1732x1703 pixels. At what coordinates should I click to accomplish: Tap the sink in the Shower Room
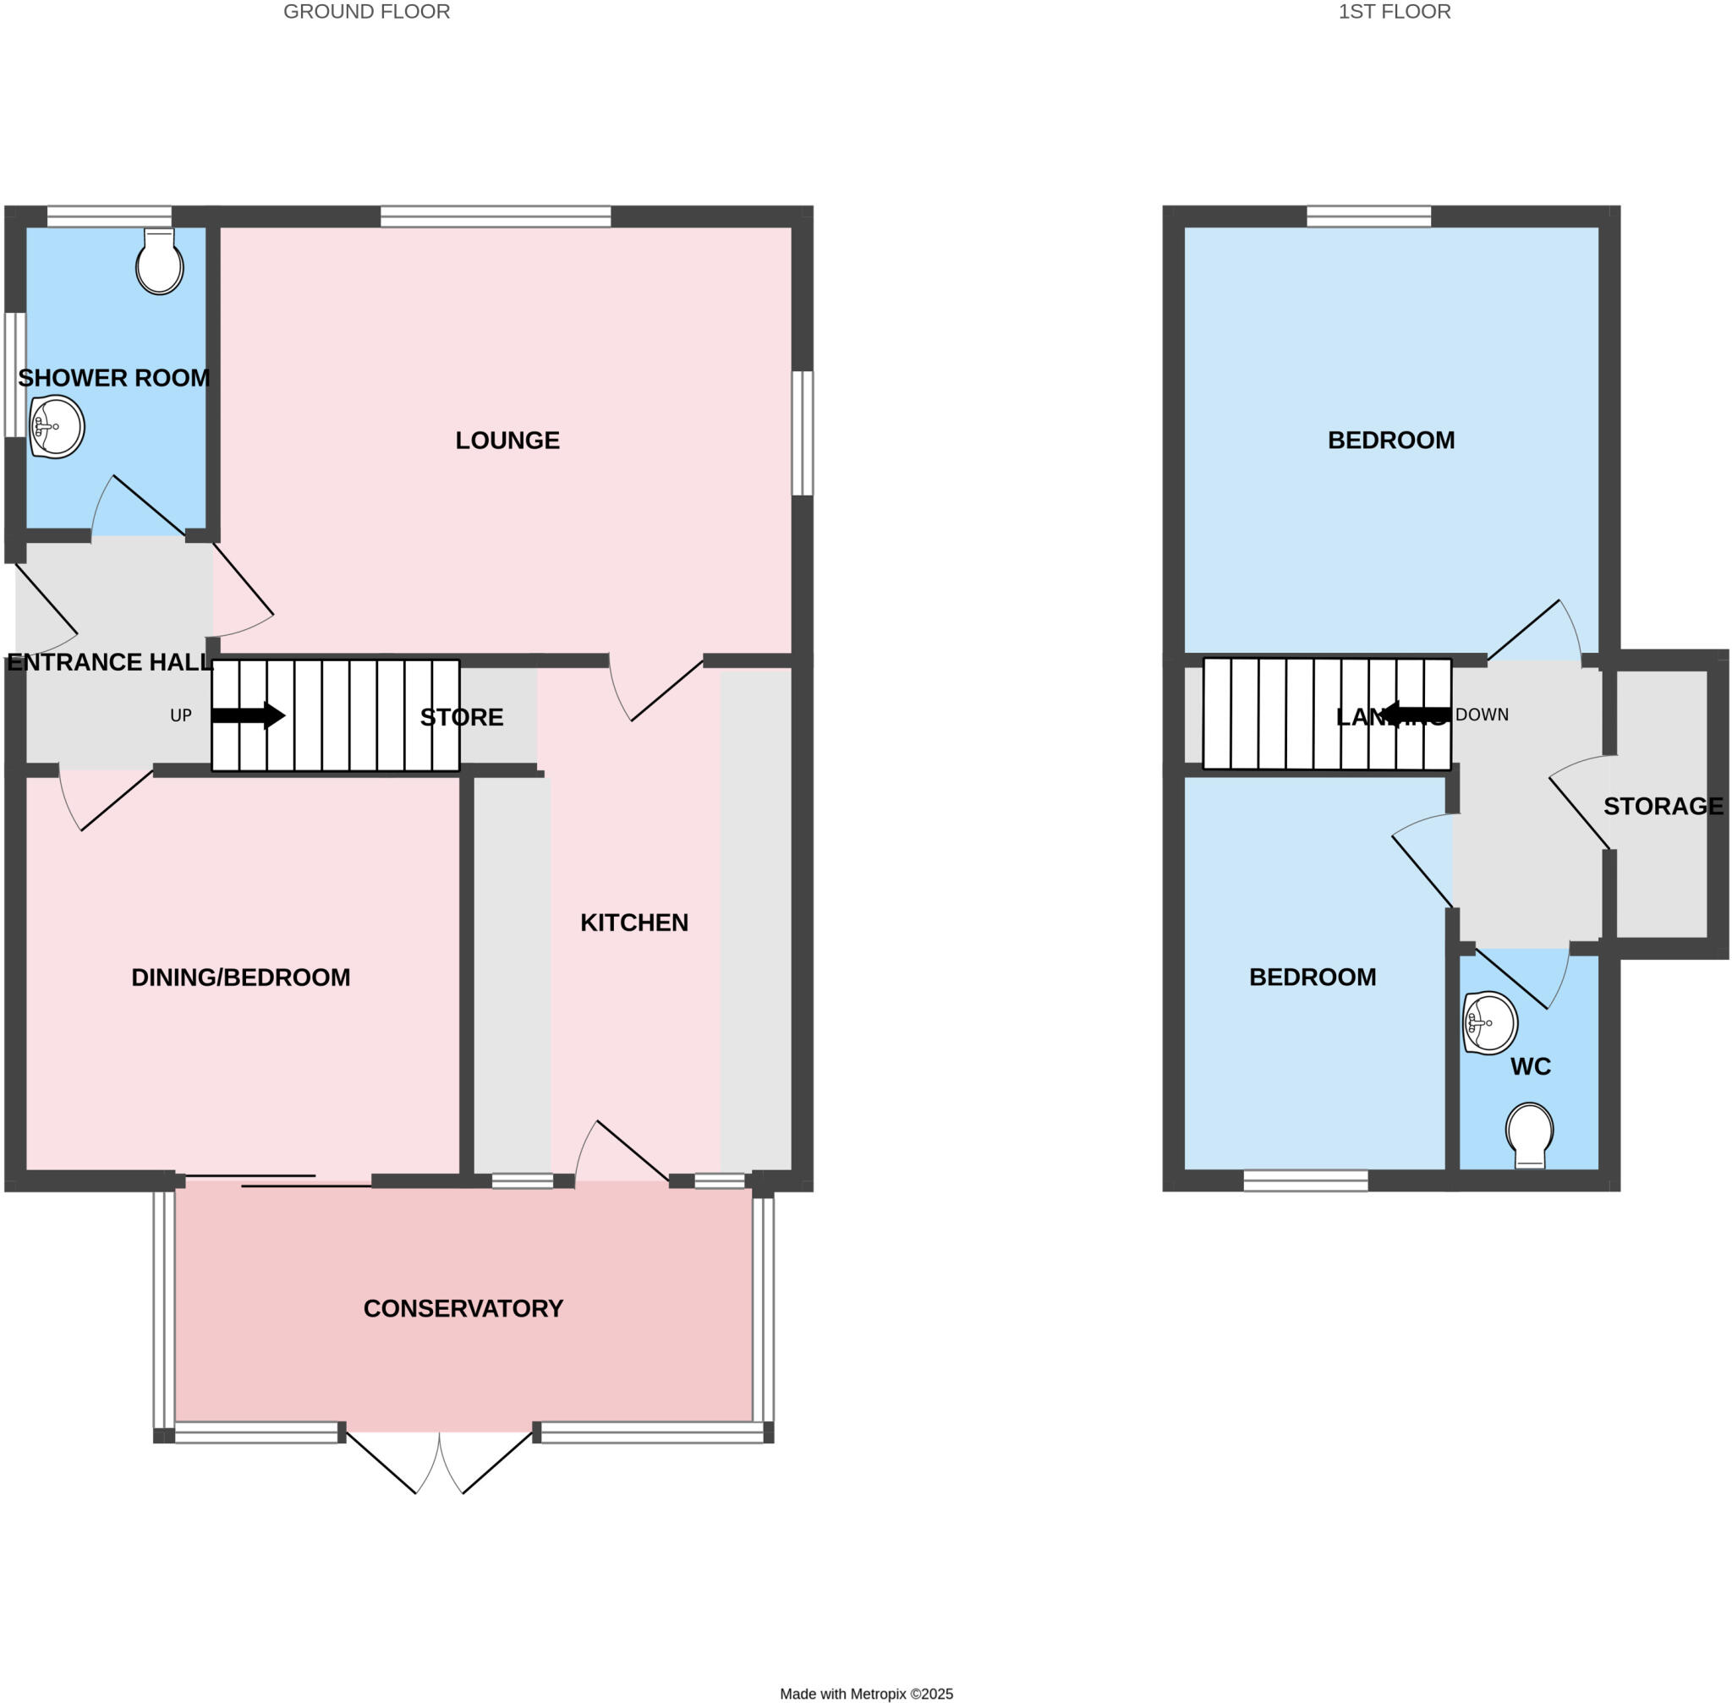click(57, 427)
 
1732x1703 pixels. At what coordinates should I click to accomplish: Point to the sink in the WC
click(1489, 1022)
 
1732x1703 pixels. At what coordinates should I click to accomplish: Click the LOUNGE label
click(507, 440)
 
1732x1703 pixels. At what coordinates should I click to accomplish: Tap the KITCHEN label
click(633, 923)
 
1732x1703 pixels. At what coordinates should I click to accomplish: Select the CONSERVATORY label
click(463, 1309)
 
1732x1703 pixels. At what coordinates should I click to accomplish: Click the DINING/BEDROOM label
click(241, 977)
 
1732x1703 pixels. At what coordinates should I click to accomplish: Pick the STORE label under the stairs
click(462, 716)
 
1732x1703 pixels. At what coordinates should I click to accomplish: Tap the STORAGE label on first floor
click(1662, 806)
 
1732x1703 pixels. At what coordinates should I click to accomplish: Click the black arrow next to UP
click(248, 715)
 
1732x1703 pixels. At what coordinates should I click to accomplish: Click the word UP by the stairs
click(181, 715)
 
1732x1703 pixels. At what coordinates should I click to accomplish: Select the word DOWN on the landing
click(1482, 715)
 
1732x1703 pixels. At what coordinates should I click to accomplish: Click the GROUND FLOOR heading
click(366, 12)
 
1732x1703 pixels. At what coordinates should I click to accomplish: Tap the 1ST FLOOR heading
click(1394, 12)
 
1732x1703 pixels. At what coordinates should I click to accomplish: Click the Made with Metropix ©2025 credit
click(866, 1693)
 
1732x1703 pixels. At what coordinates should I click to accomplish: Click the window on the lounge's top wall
click(496, 216)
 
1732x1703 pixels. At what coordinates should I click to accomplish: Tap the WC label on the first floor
click(1530, 1066)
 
